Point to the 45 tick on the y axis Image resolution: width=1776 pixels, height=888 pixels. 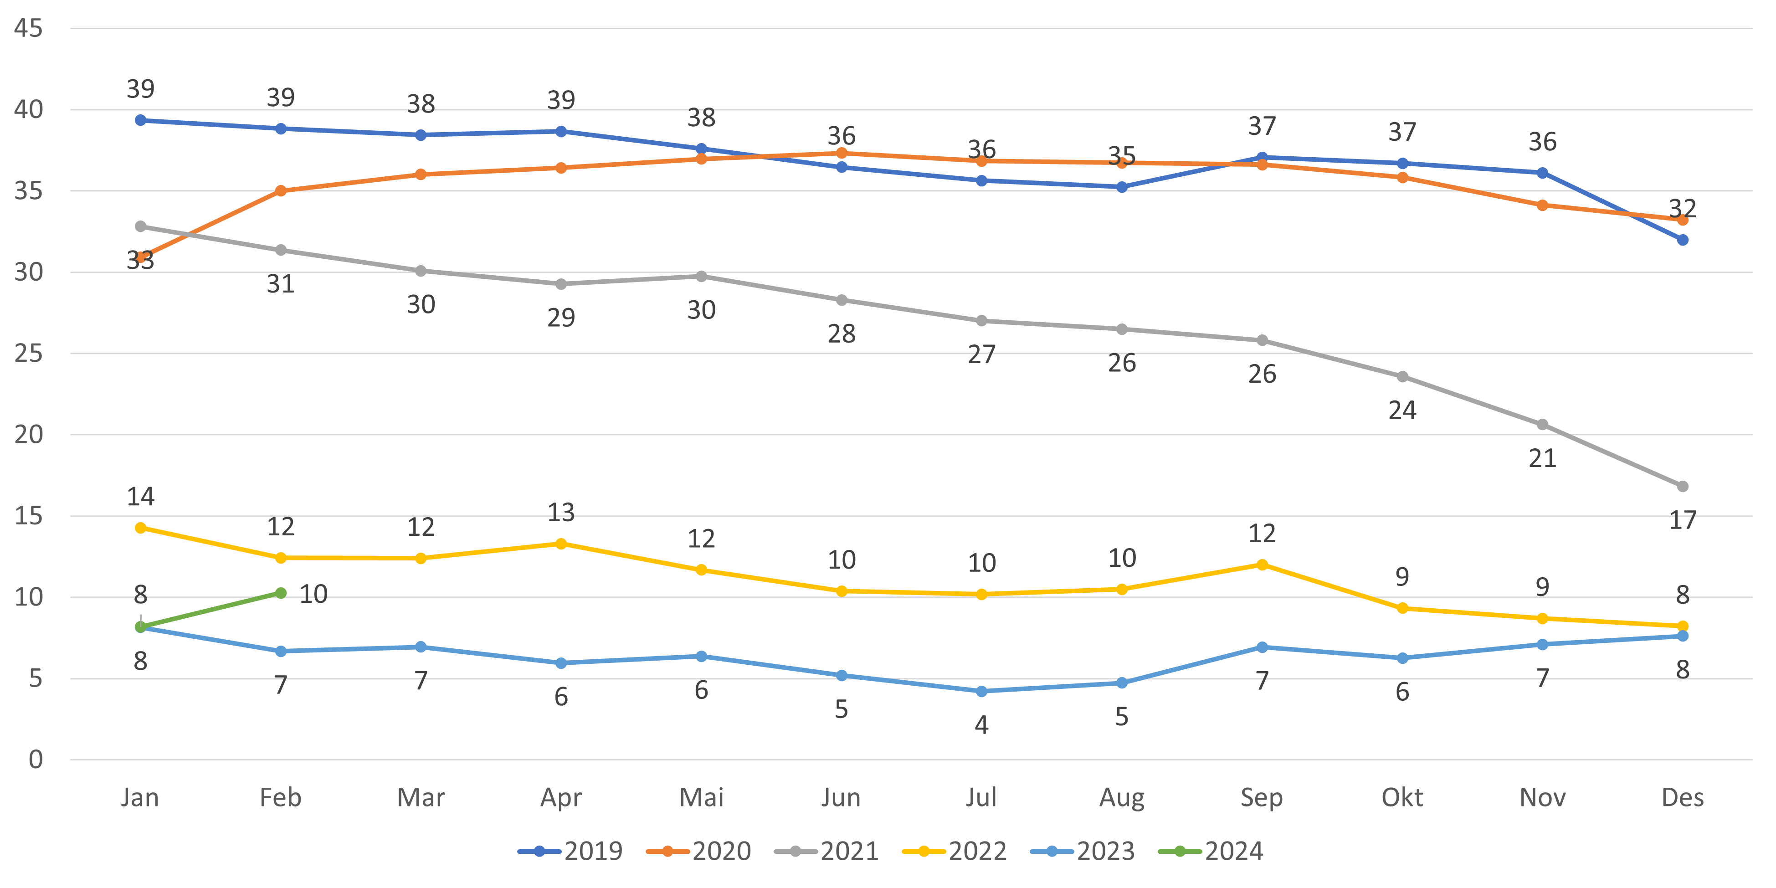pos(28,28)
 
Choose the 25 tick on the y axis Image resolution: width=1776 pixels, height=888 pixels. pos(28,354)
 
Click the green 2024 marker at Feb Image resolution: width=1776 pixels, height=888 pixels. pos(281,593)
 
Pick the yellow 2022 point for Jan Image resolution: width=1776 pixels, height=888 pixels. pos(141,528)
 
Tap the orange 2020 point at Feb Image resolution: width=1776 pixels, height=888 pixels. pos(281,190)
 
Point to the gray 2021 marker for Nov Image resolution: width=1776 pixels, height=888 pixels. pos(1542,425)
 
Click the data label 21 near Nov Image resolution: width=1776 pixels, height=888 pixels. pos(1542,458)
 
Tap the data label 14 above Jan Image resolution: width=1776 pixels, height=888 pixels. pos(141,497)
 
